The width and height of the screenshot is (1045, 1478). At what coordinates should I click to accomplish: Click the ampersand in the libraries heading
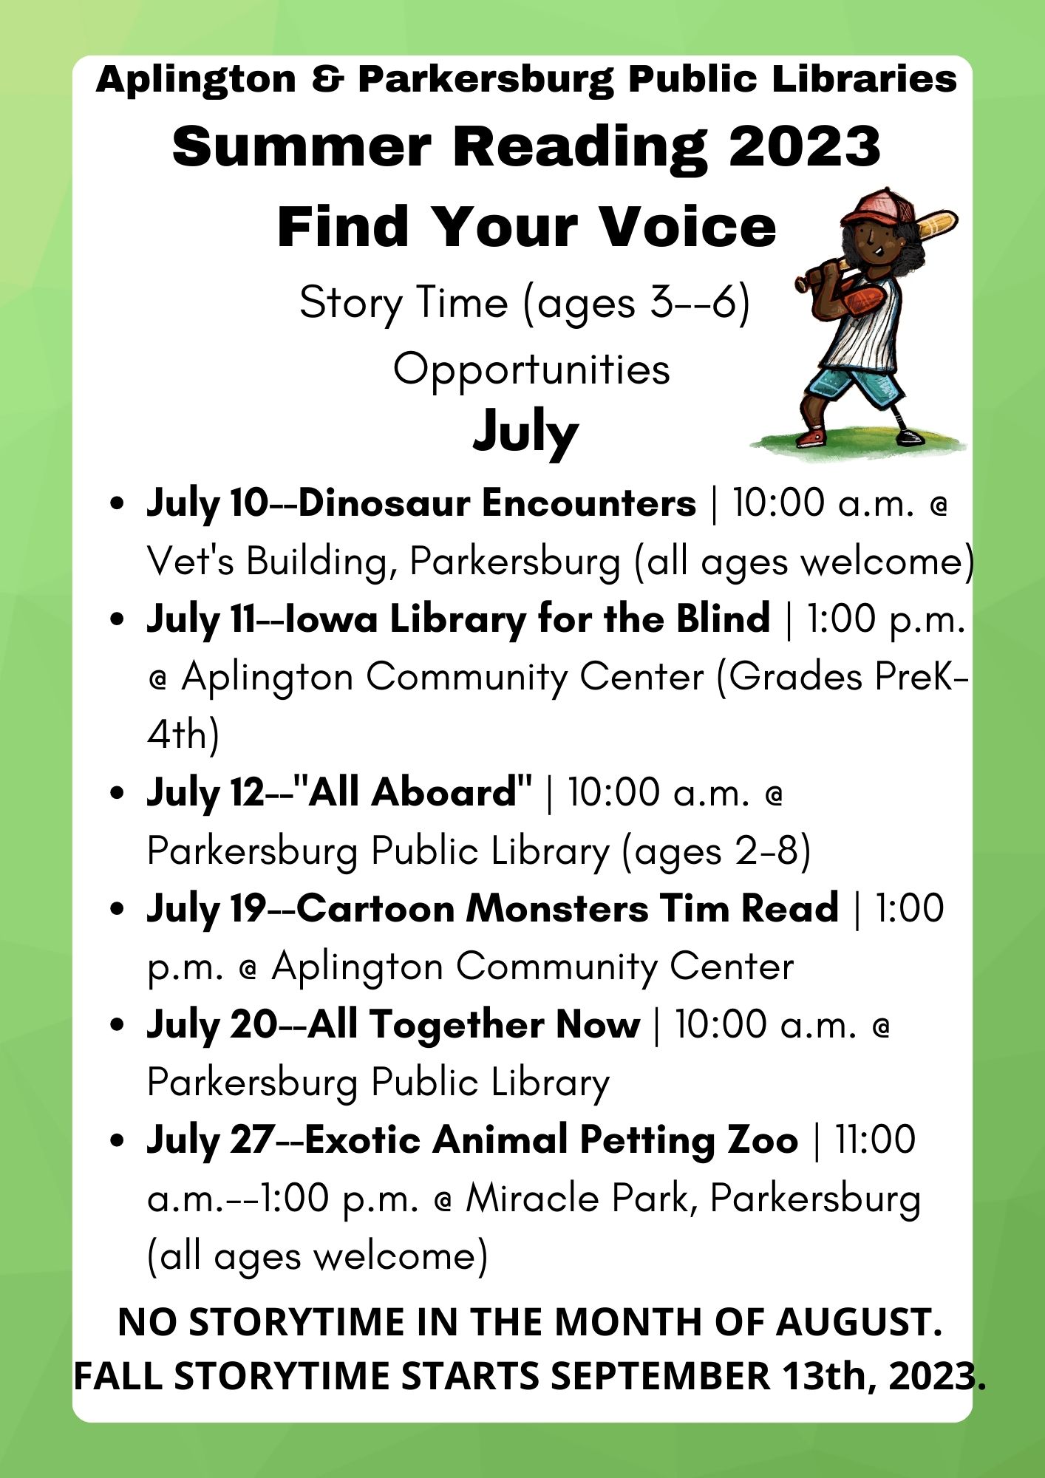coord(327,79)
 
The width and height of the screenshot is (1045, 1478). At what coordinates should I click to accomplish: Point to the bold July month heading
coord(525,432)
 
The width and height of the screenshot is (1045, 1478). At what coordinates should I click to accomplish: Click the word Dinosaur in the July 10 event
coord(384,503)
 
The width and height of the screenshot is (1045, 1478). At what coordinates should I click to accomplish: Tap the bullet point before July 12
coord(117,793)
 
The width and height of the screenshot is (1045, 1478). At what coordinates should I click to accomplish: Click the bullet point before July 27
coord(117,1140)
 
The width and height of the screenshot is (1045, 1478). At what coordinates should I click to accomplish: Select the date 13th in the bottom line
coord(828,1376)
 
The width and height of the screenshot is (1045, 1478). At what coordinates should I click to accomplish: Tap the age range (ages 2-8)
coord(716,851)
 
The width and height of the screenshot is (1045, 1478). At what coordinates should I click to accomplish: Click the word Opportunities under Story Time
coord(531,369)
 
